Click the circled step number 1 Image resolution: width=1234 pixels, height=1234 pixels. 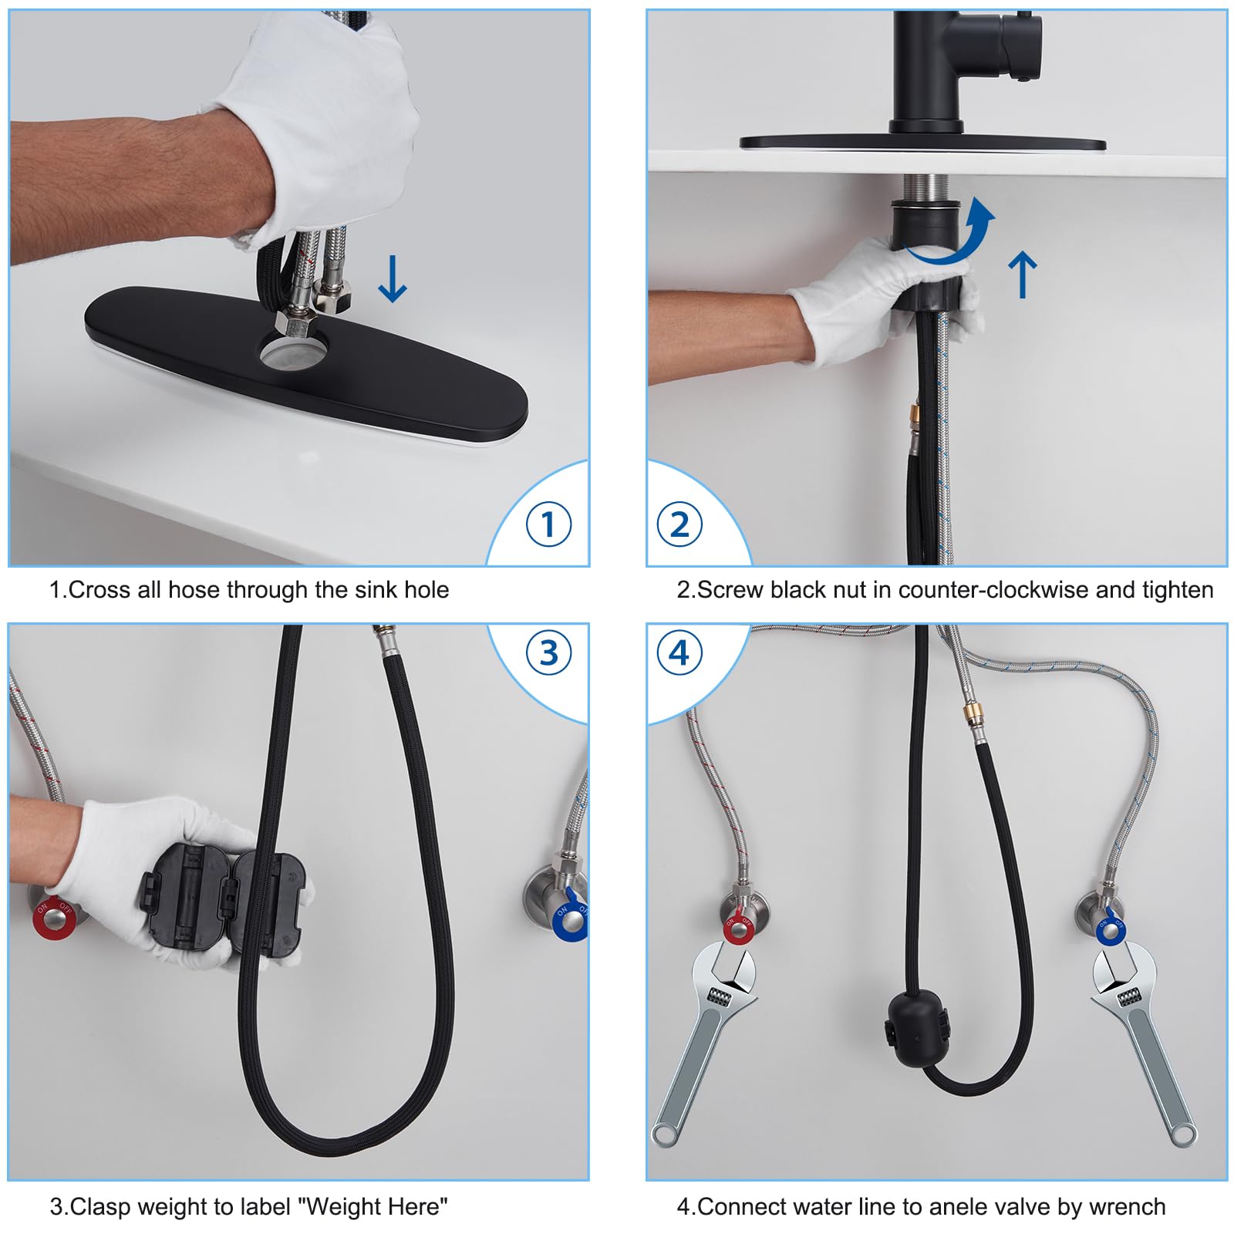(x=548, y=524)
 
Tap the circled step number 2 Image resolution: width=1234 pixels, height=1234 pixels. (x=679, y=524)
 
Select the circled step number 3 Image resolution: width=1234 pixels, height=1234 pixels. (x=548, y=652)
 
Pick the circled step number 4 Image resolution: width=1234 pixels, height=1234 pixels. (x=679, y=652)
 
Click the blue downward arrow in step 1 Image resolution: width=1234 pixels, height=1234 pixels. (x=392, y=278)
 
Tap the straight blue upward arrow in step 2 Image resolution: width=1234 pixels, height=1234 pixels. (x=1023, y=275)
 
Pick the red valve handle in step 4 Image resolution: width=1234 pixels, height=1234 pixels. (x=740, y=929)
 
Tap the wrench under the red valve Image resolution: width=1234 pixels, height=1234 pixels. (x=704, y=1042)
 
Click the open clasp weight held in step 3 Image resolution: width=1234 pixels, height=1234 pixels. (x=223, y=903)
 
